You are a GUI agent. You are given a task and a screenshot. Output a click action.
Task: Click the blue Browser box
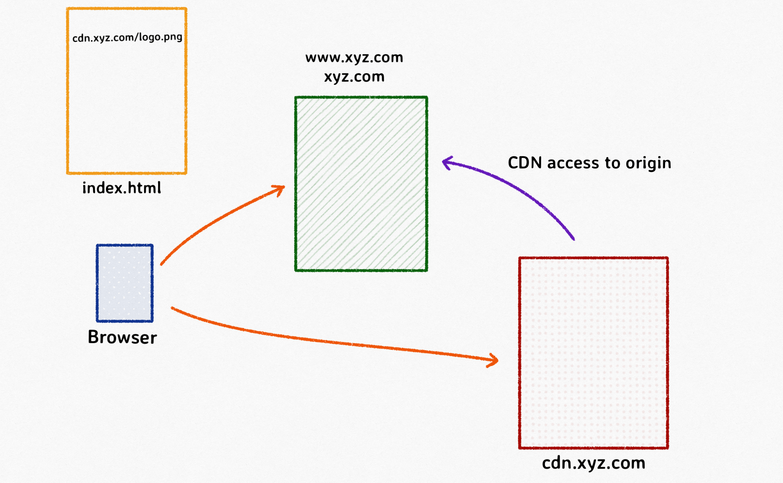[125, 283]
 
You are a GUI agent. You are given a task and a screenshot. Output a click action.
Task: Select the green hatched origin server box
[361, 184]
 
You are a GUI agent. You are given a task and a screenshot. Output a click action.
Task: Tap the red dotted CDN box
[593, 353]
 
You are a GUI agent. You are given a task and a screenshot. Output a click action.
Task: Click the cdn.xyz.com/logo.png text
[127, 37]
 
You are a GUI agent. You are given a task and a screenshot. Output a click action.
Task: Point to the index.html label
[121, 188]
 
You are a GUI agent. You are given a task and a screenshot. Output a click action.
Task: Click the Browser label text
[122, 337]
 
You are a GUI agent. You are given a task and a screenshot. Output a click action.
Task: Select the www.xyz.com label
[354, 57]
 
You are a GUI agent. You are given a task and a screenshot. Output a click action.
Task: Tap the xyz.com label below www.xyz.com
[354, 77]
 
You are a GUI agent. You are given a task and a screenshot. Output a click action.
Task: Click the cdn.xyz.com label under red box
[593, 463]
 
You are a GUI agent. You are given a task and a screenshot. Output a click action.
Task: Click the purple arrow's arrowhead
[446, 162]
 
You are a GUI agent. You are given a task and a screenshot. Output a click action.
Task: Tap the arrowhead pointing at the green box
[280, 189]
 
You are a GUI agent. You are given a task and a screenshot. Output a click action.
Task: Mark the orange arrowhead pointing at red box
[494, 360]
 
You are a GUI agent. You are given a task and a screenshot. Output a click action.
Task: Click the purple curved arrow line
[521, 190]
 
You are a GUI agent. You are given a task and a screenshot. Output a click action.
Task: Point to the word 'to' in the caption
[612, 163]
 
